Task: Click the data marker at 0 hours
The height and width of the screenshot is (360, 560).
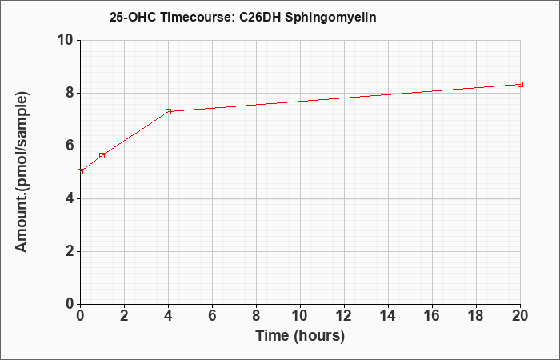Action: [x=80, y=172]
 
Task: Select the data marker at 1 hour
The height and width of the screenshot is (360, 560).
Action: [x=102, y=155]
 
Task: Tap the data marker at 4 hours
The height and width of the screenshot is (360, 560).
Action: [x=169, y=111]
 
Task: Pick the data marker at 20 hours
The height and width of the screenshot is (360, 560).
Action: [x=520, y=84]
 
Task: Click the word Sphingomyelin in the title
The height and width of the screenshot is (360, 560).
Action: [x=330, y=18]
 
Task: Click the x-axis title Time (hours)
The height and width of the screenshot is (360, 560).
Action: [x=300, y=336]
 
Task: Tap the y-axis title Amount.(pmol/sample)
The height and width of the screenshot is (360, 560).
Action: [x=22, y=172]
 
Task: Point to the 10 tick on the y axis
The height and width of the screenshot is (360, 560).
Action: [x=66, y=40]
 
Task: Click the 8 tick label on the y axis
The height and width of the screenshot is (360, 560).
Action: [x=70, y=94]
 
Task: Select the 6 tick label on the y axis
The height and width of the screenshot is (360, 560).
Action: [x=70, y=146]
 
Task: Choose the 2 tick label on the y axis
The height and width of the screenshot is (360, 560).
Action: [x=70, y=251]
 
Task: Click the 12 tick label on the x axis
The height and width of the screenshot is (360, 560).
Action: [x=344, y=315]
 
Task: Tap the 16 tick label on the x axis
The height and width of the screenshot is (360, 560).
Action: [x=432, y=315]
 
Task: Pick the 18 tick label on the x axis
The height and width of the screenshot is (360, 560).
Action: [x=476, y=315]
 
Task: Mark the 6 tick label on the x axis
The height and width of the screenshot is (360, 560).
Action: [x=213, y=315]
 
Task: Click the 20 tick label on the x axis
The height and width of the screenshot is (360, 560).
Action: [x=520, y=315]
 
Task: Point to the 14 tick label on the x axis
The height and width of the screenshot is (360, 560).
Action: [x=388, y=315]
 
